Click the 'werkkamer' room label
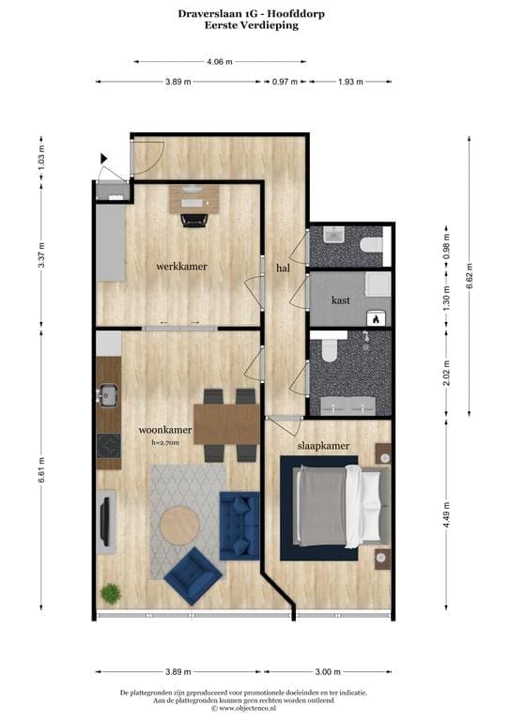[x=181, y=267]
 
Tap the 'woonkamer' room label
[x=165, y=430]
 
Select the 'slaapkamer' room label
[x=323, y=446]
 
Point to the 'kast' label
[x=341, y=300]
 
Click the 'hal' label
[x=284, y=268]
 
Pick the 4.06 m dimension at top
[x=220, y=62]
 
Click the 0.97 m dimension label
[x=286, y=82]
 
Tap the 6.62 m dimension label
[x=469, y=276]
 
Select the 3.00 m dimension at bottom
[x=328, y=672]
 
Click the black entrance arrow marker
[x=103, y=159]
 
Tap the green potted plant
[x=111, y=593]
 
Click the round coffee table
[x=179, y=525]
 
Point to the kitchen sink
[x=108, y=395]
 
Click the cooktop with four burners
[x=109, y=446]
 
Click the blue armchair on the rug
[x=193, y=576]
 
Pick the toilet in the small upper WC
[x=371, y=245]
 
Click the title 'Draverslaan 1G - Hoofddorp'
[x=252, y=14]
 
